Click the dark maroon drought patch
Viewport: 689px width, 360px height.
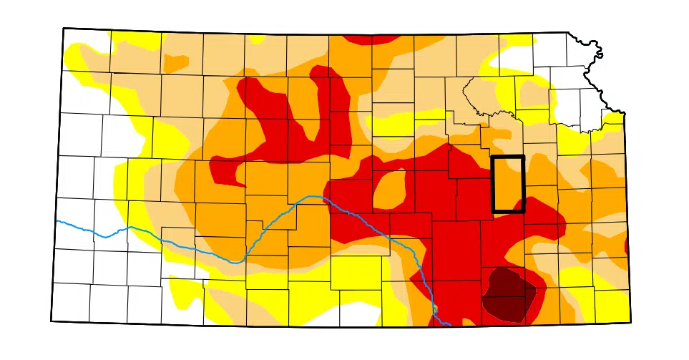pyautogui.click(x=509, y=293)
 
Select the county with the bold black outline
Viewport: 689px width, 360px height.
pyautogui.click(x=508, y=183)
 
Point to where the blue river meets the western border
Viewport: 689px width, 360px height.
pyautogui.click(x=57, y=221)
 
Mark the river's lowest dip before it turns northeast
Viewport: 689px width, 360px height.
pyautogui.click(x=234, y=262)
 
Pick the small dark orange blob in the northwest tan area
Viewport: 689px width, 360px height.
pyautogui.click(x=175, y=62)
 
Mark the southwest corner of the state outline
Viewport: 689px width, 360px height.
pyautogui.click(x=52, y=321)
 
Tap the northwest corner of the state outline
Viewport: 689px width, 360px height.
pyautogui.click(x=64, y=29)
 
